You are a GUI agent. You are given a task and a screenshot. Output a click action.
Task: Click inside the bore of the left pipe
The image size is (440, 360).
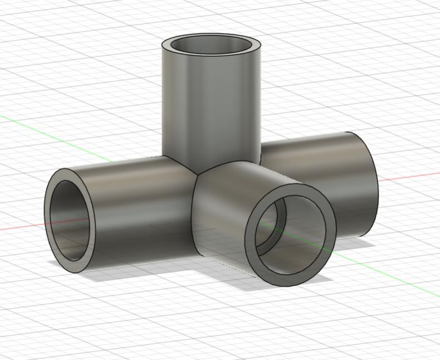coord(69,220)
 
